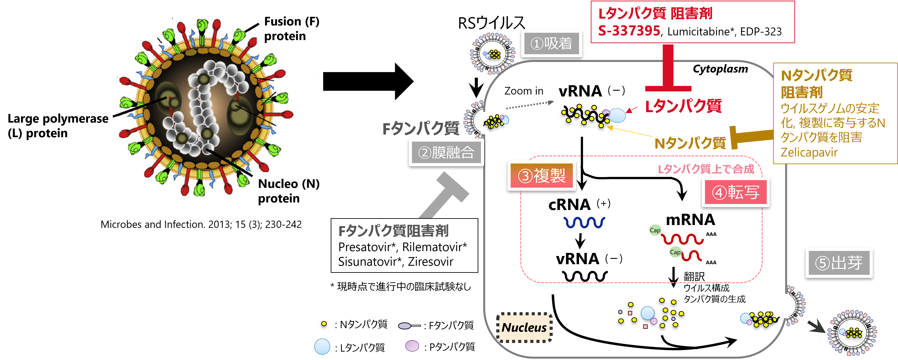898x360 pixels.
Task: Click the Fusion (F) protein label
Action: tap(292, 29)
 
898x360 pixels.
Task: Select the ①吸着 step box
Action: tap(551, 44)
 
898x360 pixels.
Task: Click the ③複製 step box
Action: tap(541, 175)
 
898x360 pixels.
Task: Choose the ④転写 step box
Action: tap(735, 192)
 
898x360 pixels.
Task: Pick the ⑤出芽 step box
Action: tap(838, 263)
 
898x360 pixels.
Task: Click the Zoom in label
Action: tap(524, 91)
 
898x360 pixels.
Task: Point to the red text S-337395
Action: tap(629, 31)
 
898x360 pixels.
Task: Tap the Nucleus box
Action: tap(524, 327)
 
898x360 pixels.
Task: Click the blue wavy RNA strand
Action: tap(584, 222)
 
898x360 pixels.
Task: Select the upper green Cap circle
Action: tap(655, 230)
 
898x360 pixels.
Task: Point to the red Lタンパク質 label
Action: tap(683, 106)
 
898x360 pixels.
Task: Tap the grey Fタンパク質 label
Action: tap(421, 129)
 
